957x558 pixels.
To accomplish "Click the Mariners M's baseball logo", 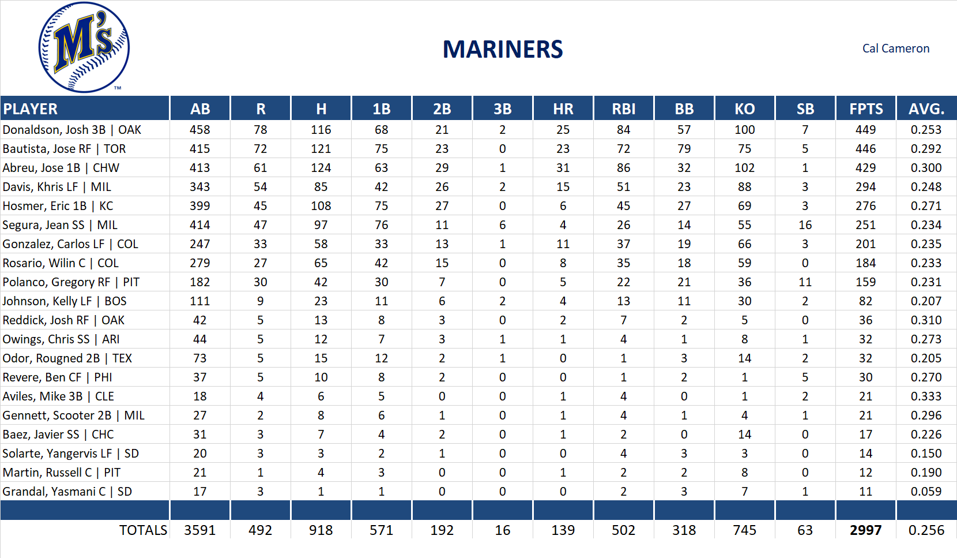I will [84, 47].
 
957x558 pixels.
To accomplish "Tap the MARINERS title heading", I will [502, 50].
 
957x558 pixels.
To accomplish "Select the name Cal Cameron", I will [895, 48].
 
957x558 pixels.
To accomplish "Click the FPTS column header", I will [865, 109].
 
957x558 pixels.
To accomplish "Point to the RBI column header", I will [623, 109].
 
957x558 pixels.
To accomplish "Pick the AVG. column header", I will [926, 109].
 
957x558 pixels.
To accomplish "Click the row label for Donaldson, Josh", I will [72, 130].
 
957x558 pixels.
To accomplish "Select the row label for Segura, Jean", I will [60, 225].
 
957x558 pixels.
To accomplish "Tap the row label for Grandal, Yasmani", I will [67, 492].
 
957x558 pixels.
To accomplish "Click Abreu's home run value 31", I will [563, 168].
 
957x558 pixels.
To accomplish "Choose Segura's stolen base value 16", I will [805, 225].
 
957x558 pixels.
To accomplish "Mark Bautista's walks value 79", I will [684, 149].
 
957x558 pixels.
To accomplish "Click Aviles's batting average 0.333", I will [926, 396].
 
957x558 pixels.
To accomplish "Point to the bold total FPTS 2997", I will [865, 530].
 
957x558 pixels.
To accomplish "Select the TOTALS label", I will [143, 530].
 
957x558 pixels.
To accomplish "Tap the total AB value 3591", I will [199, 530].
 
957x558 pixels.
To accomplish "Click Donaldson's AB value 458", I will [199, 130].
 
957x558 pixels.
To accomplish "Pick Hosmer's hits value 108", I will [321, 206].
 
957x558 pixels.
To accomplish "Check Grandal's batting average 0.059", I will [926, 492].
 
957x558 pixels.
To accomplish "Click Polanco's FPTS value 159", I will [865, 282].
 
